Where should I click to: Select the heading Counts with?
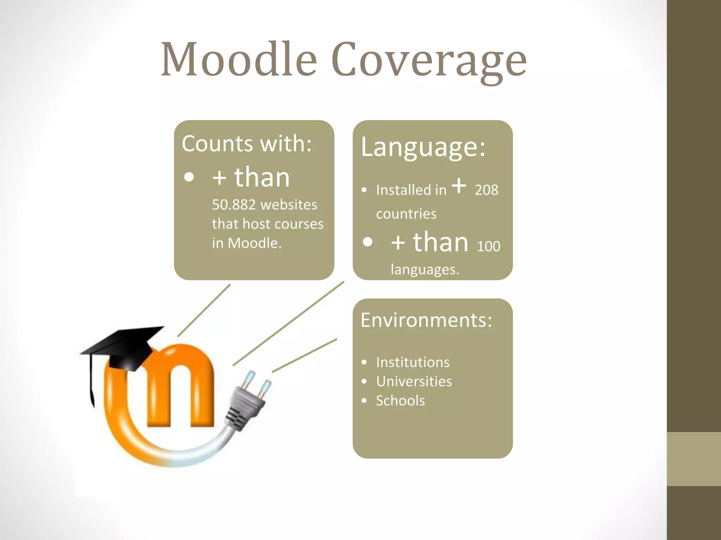click(246, 143)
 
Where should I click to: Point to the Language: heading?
click(423, 147)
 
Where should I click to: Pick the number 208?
click(486, 190)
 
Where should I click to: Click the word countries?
click(406, 214)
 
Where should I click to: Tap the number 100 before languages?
click(488, 246)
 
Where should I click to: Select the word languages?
click(425, 270)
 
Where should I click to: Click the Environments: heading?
click(426, 320)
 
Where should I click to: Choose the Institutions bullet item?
click(413, 362)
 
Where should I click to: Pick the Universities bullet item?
click(414, 381)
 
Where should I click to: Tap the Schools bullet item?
click(400, 401)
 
